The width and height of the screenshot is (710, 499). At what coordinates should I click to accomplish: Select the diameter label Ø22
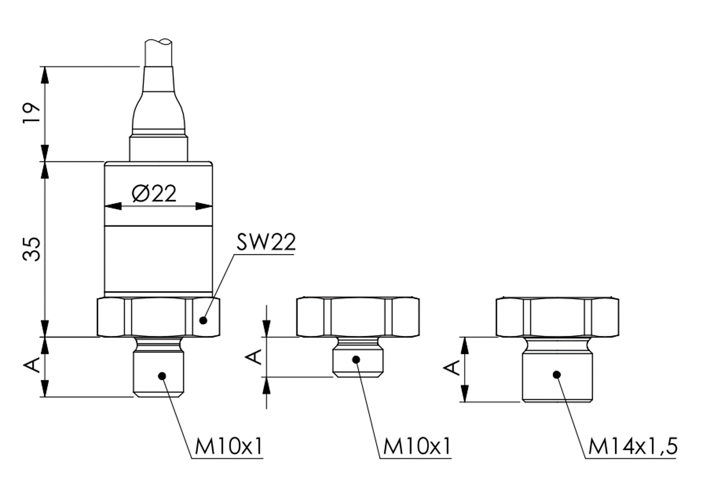coord(154,193)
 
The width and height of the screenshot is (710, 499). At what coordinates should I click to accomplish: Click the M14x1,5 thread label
coord(633,446)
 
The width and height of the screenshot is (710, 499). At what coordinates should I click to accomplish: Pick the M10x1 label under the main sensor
coord(228,446)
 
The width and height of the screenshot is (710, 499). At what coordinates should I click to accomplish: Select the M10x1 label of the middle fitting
coord(417,446)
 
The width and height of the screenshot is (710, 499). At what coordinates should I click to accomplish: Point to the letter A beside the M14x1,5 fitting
coord(453,368)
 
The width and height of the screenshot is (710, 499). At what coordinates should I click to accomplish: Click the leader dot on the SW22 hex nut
coord(203,320)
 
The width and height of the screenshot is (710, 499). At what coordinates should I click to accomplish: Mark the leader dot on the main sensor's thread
coord(162,375)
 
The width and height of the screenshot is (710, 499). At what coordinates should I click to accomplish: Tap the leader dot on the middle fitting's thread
coord(356,359)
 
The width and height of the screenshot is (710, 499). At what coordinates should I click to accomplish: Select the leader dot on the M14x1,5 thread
coord(556,374)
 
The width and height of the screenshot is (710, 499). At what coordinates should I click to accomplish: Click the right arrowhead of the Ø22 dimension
coord(203,206)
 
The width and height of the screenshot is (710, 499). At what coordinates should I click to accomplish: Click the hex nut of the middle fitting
coord(358,317)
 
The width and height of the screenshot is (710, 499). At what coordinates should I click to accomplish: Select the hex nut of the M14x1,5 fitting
coord(557,317)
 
